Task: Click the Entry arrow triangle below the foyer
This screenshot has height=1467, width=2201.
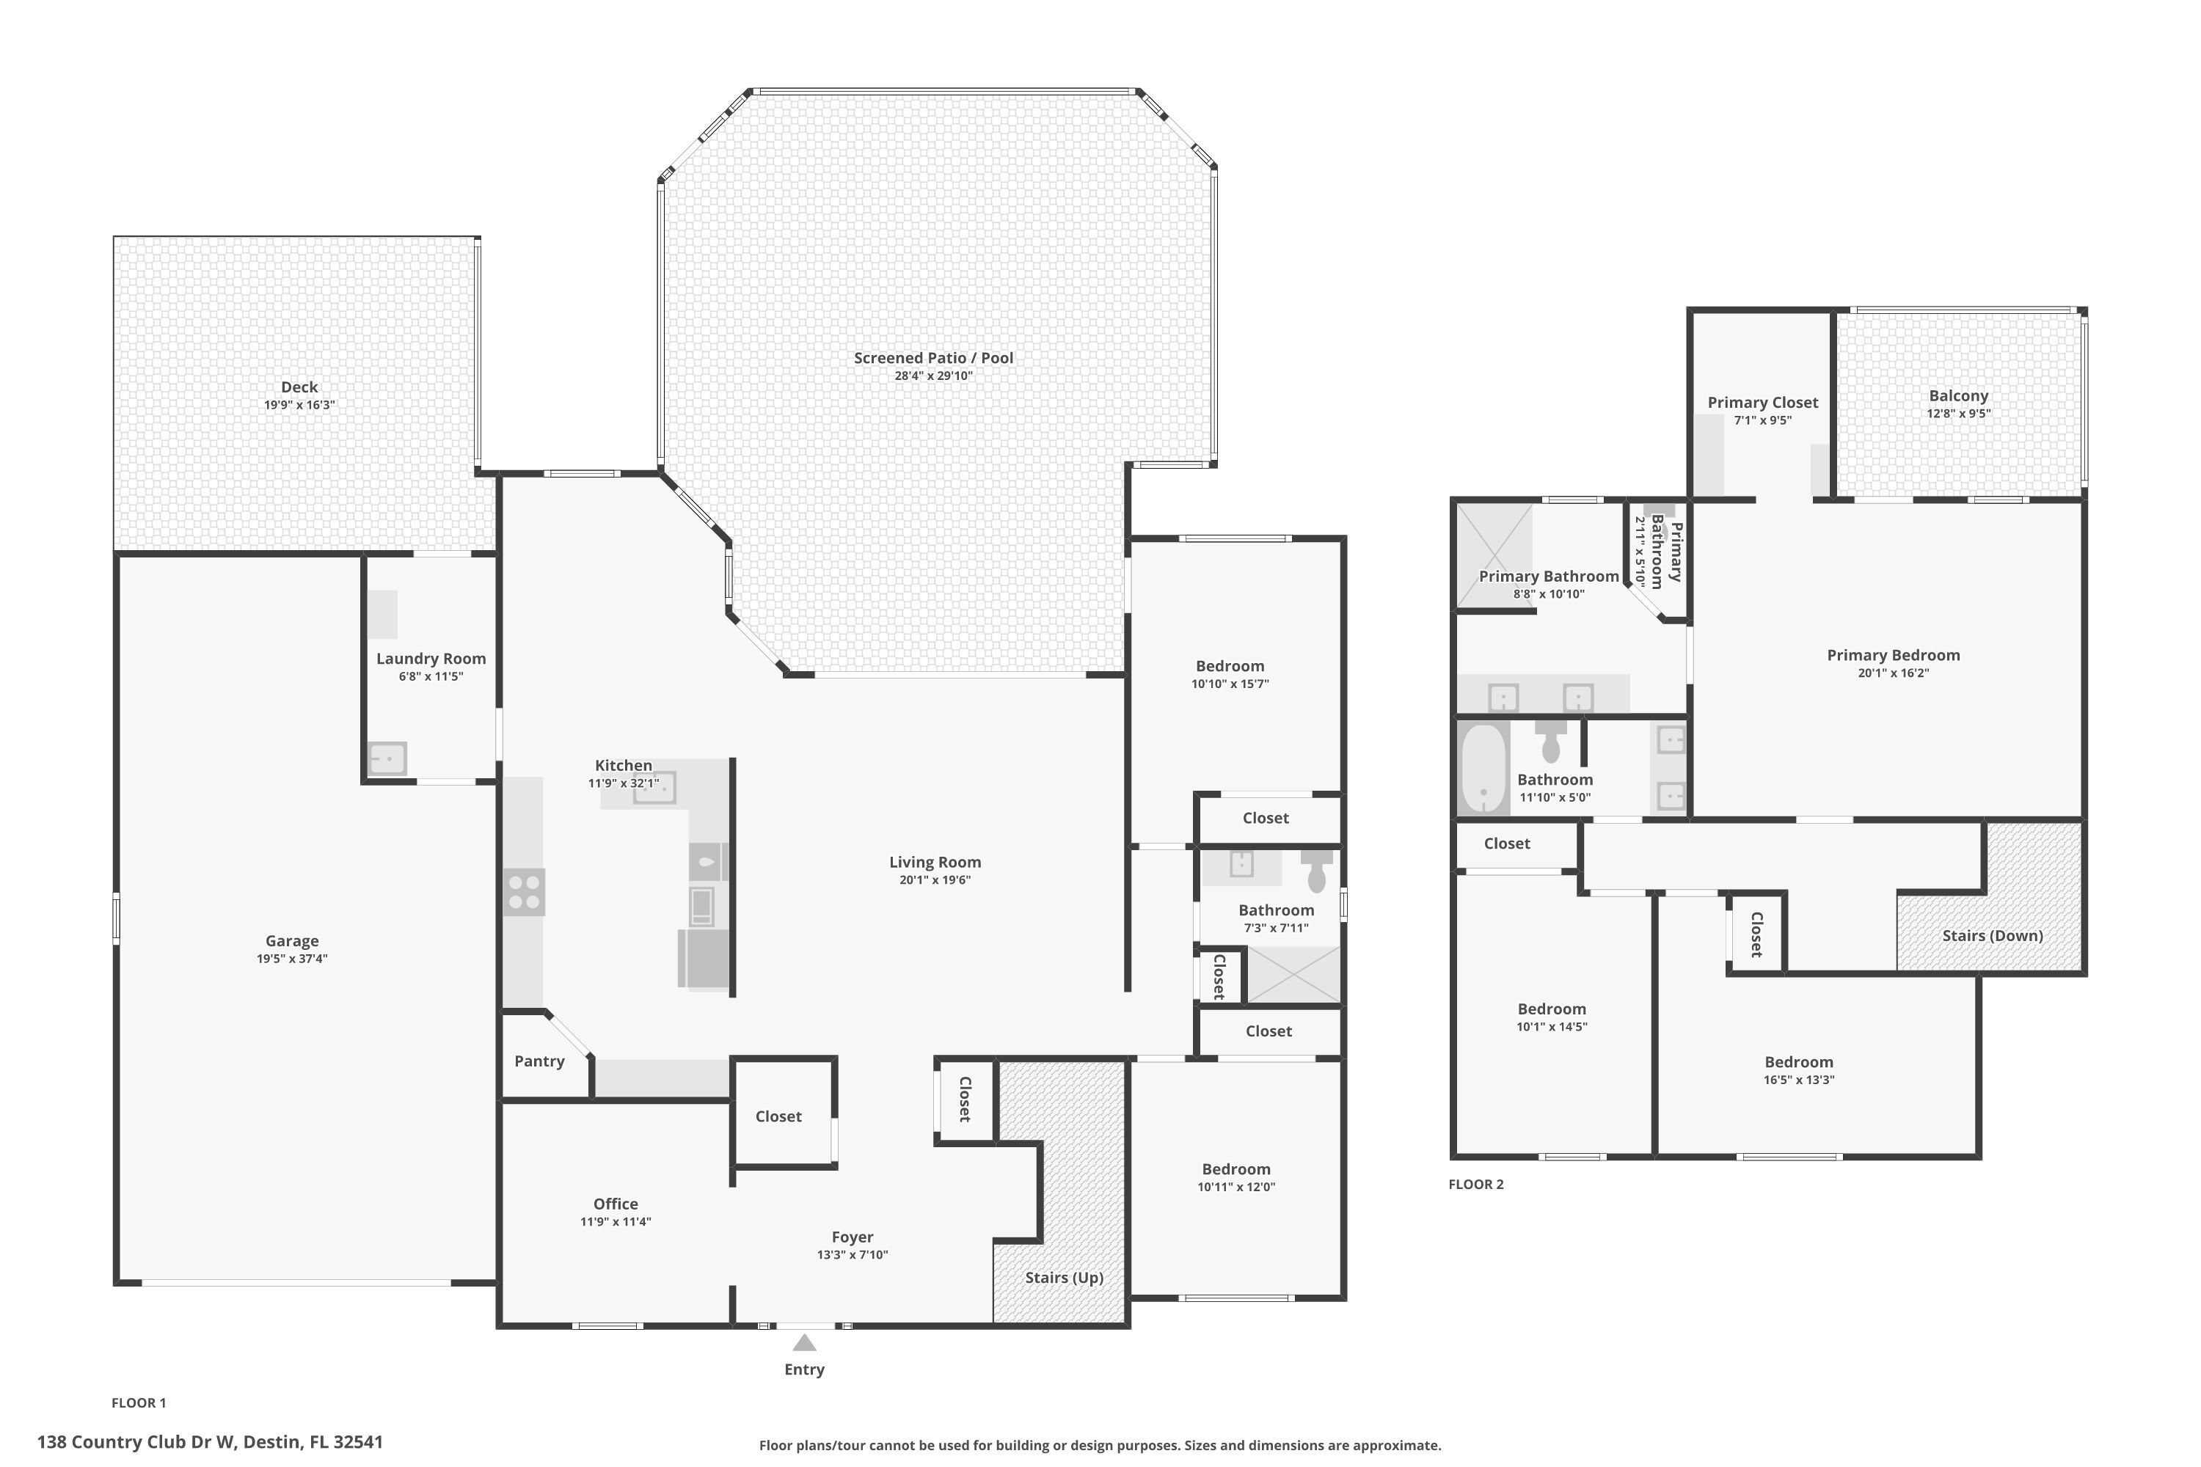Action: pyautogui.click(x=804, y=1344)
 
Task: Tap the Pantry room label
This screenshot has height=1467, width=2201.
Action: pyautogui.click(x=539, y=1061)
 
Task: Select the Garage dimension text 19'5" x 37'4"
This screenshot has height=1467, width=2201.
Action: pyautogui.click(x=292, y=959)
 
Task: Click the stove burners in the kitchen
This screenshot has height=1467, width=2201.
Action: pyautogui.click(x=524, y=893)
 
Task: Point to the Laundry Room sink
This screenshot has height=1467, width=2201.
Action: pyautogui.click(x=387, y=758)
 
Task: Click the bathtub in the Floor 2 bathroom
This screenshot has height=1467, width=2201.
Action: pyautogui.click(x=1483, y=768)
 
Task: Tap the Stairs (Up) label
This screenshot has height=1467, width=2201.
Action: pyautogui.click(x=1064, y=1278)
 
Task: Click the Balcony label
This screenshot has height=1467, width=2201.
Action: pyautogui.click(x=1957, y=396)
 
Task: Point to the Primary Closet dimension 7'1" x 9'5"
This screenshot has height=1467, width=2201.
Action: pyautogui.click(x=1762, y=421)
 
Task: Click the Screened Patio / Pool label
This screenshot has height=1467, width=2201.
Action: pyautogui.click(x=933, y=357)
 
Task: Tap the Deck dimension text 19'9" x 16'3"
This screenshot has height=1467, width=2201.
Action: pyautogui.click(x=299, y=405)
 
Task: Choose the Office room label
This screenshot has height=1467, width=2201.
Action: pyautogui.click(x=615, y=1204)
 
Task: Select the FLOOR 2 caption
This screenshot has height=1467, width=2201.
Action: pyautogui.click(x=1475, y=1185)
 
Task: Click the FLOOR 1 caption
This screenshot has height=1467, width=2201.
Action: pyautogui.click(x=139, y=1402)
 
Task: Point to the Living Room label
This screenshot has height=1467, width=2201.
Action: pyautogui.click(x=934, y=863)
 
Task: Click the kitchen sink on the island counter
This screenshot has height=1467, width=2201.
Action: pyautogui.click(x=654, y=788)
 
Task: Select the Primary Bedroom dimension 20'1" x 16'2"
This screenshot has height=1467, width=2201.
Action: pyautogui.click(x=1892, y=673)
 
